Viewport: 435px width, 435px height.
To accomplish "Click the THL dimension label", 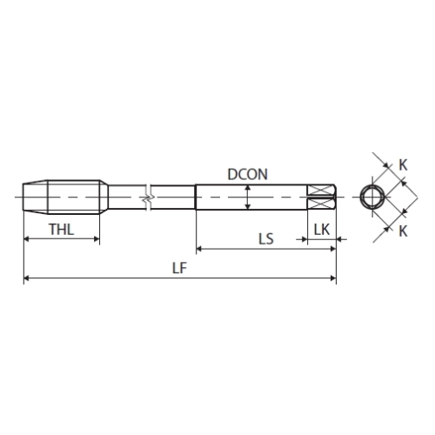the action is pyautogui.click(x=62, y=230).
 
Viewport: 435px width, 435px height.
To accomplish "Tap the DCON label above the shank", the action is pyautogui.click(x=247, y=174).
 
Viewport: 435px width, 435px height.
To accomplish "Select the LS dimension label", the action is pyautogui.click(x=266, y=239).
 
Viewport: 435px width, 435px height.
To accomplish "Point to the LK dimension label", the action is pyautogui.click(x=322, y=230).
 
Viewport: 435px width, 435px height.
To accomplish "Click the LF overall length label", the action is pyautogui.click(x=179, y=268).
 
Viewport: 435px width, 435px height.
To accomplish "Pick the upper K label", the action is pyautogui.click(x=403, y=165).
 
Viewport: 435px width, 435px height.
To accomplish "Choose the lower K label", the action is pyautogui.click(x=403, y=231).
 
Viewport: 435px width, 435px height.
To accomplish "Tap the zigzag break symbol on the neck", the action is pyautogui.click(x=148, y=197).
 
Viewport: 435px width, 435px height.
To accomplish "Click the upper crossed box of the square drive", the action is pyautogui.click(x=321, y=191).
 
